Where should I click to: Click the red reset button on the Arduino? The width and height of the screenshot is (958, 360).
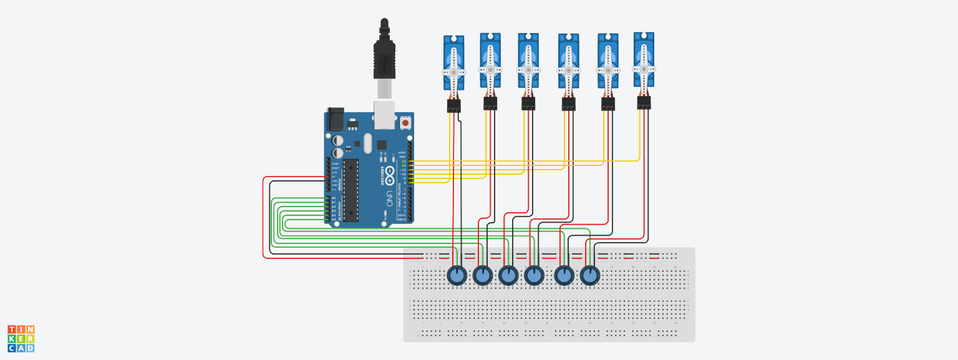405,123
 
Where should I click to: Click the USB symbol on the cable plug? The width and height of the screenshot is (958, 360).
384,62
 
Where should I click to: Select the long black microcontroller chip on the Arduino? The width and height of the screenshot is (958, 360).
351,190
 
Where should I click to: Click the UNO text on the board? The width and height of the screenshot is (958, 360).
389,198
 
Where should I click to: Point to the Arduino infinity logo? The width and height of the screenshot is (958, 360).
390,174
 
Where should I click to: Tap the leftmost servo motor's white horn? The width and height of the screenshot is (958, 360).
454,72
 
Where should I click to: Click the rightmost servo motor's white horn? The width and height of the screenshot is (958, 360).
644,69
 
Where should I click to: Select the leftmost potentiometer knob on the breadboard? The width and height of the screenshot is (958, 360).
457,275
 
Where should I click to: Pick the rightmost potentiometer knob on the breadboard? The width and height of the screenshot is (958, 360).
590,275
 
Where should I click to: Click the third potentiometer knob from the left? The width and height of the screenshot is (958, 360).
508,275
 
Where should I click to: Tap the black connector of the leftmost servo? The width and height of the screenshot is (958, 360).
454,105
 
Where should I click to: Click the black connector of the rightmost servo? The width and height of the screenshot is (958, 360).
644,102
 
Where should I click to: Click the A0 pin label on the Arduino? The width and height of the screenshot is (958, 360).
334,198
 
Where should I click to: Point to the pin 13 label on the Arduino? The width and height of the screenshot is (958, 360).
404,161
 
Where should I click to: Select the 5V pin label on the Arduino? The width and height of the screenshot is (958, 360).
334,177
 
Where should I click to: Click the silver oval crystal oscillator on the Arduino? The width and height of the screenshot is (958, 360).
367,143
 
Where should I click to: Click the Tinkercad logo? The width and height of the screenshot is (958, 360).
21,338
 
